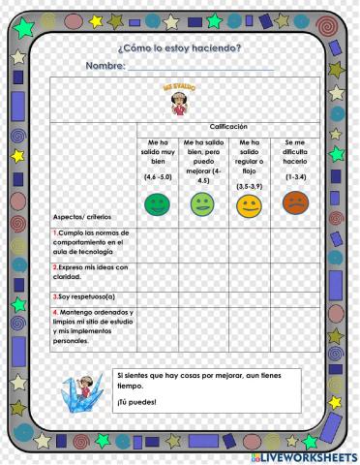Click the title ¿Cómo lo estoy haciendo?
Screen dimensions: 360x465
(179, 48)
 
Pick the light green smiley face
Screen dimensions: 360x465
(202, 204)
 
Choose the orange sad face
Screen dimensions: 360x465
(294, 203)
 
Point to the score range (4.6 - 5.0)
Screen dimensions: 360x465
(158, 177)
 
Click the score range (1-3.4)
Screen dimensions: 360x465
(295, 177)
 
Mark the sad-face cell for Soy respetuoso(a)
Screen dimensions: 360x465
(294, 298)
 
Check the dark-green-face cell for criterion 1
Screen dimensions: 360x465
(157, 244)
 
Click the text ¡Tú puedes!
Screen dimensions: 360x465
(129, 402)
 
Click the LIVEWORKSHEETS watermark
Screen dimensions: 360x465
(308, 455)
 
